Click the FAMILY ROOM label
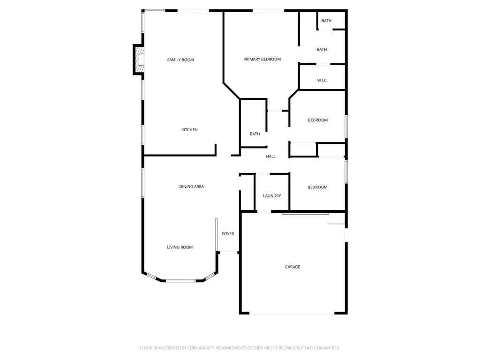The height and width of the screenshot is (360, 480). tap(180, 60)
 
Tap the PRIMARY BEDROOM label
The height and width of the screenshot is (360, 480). tap(262, 60)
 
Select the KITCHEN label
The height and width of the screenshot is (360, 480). tap(189, 130)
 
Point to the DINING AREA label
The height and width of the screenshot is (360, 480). tap(191, 187)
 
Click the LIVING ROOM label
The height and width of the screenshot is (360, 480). tap(180, 247)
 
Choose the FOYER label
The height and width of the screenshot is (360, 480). tap(228, 234)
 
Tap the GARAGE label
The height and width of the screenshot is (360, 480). tap(292, 267)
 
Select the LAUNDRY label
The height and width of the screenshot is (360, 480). tap(272, 196)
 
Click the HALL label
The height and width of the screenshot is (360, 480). tap(271, 157)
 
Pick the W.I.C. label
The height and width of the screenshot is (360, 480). tap(322, 81)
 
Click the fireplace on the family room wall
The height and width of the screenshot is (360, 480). tap(139, 60)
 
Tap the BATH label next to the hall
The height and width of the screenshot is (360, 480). tap(255, 134)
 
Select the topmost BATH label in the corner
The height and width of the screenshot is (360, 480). tap(326, 21)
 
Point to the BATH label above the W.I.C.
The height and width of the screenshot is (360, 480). tap(322, 50)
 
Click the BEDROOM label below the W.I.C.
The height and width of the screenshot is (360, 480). tap(318, 120)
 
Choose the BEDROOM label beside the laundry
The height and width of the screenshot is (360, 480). tap(317, 187)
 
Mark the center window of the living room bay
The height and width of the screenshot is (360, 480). tap(181, 281)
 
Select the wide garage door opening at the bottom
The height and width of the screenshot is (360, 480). tap(292, 313)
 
